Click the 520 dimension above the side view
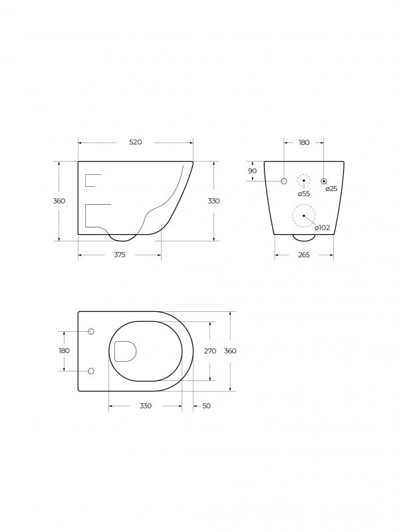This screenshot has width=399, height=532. click(136, 142)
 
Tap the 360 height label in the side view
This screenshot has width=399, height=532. click(59, 201)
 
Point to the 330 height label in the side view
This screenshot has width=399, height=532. click(213, 201)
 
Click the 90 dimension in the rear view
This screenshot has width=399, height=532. click(252, 171)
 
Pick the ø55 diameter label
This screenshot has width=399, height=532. click(304, 194)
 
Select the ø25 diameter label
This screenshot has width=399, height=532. click(331, 189)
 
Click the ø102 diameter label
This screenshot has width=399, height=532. click(323, 227)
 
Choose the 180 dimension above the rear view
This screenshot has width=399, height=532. click(304, 142)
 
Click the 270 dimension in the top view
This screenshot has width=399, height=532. click(211, 350)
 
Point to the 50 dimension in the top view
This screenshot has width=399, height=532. click(206, 406)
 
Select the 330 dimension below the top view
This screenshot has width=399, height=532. click(145, 406)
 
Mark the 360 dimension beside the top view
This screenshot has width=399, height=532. click(229, 350)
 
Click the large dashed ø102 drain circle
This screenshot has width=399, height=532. click(304, 215)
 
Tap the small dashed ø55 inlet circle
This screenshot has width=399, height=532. click(304, 181)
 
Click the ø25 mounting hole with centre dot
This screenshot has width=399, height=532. click(324, 181)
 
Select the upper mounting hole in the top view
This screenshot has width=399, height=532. click(91, 331)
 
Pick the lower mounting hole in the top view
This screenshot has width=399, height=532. click(91, 370)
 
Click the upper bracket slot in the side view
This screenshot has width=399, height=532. click(93, 180)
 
